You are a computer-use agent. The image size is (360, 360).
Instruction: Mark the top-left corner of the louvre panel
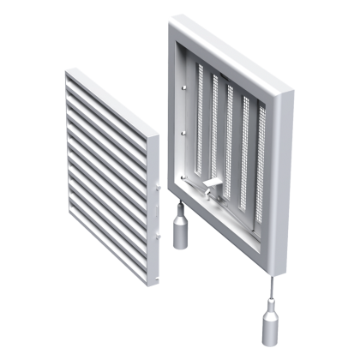click(66, 72)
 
